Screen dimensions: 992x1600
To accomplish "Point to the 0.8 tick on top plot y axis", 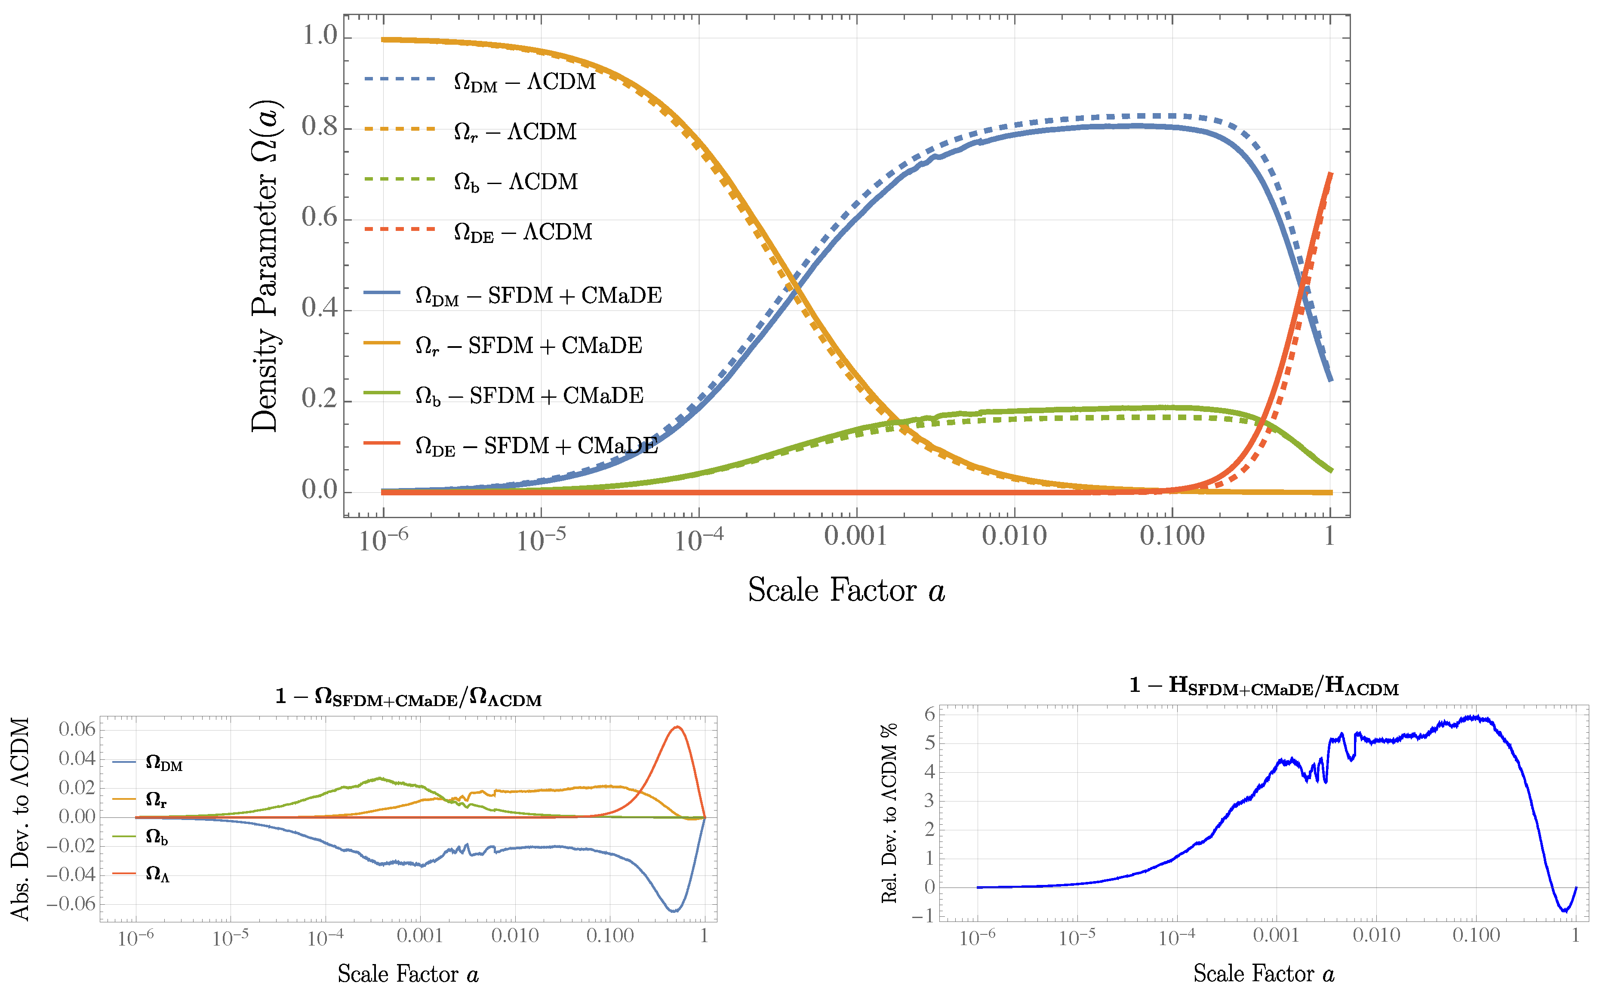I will coord(319,126).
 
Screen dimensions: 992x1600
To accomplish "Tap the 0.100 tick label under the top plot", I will coord(1172,537).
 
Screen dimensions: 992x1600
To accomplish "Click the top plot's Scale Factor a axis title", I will coord(846,590).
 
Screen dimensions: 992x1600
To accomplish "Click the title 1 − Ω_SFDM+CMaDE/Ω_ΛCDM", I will coord(408,697).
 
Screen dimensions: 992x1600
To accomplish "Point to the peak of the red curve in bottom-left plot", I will coord(677,727).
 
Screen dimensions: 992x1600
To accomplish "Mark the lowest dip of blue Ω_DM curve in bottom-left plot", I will coord(674,911).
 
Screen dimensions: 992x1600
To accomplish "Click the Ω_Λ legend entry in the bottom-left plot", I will coord(157,873).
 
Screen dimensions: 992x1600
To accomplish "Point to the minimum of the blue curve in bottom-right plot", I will coord(1565,911).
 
